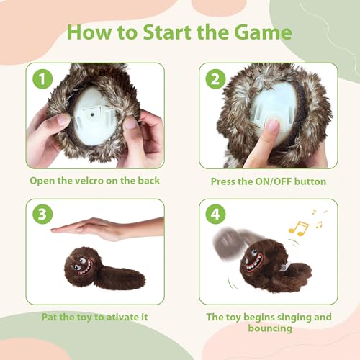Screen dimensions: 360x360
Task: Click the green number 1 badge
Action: (42, 79)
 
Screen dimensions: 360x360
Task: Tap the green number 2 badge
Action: (216, 79)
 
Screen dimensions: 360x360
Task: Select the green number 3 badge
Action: (42, 214)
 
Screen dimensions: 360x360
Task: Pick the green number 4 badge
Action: (216, 214)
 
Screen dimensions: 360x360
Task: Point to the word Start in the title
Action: (167, 32)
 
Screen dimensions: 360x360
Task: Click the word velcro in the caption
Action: (89, 181)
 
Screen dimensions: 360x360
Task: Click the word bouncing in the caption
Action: (270, 328)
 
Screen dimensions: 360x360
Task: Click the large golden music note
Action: (299, 228)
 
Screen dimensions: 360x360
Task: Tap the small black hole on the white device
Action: (92, 115)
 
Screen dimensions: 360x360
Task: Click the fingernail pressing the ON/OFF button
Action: (273, 125)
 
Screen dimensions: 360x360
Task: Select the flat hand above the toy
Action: (107, 228)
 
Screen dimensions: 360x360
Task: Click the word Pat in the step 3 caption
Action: (50, 317)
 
